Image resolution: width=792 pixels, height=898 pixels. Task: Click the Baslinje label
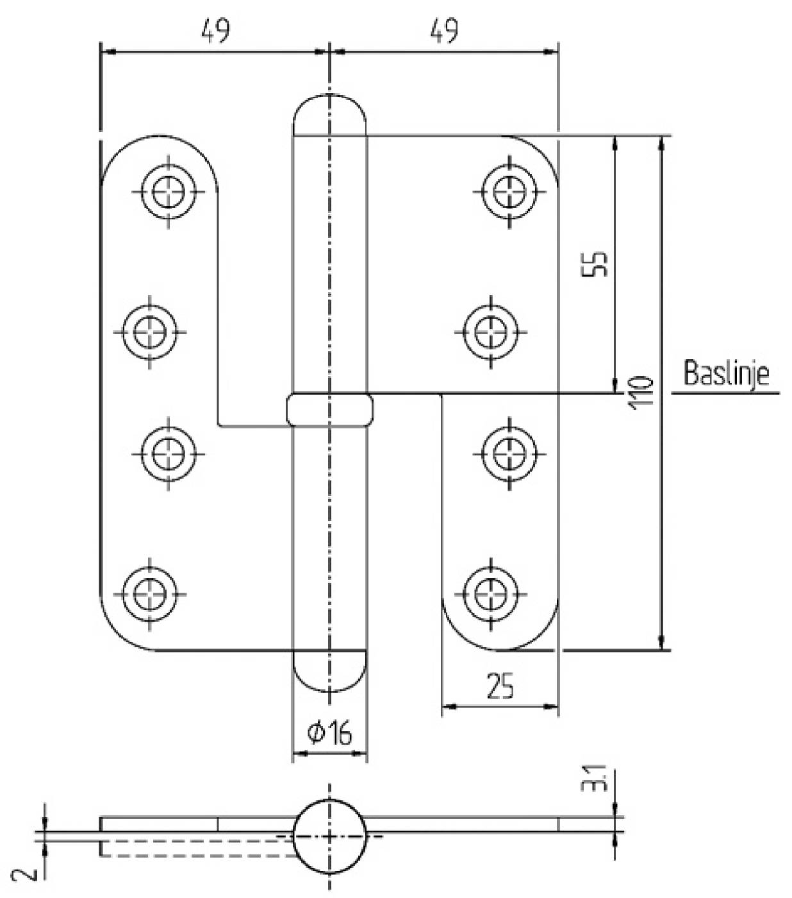tap(726, 373)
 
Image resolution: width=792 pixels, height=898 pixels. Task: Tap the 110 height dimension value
tap(643, 391)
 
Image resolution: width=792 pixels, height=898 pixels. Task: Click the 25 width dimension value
tap(500, 686)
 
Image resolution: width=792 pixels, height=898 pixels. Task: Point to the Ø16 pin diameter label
tap(330, 733)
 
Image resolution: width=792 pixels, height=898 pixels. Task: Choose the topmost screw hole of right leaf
tap(510, 191)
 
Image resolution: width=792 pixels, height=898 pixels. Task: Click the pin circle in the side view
tap(329, 836)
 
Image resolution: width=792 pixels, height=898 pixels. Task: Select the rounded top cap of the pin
tap(329, 115)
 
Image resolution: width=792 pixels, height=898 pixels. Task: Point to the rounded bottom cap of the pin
tap(329, 670)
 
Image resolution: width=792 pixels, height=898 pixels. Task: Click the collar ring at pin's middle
tap(329, 410)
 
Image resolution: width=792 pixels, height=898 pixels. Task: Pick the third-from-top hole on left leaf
tap(169, 453)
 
